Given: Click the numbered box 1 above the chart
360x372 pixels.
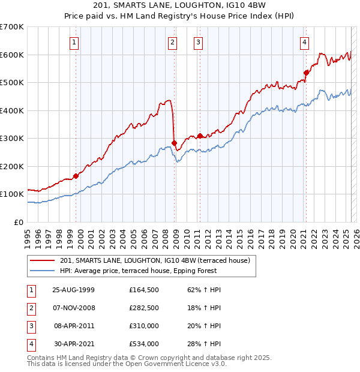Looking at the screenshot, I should [x=73, y=42].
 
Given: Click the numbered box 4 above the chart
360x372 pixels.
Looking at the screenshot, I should [x=305, y=42].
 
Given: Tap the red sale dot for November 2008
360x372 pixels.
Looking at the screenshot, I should [x=174, y=143].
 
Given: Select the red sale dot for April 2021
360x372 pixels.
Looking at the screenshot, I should [x=306, y=73].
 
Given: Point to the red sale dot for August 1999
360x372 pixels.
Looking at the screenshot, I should [x=76, y=176].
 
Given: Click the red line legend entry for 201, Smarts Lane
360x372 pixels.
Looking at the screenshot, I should [x=158, y=260].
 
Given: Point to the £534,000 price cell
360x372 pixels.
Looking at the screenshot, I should [x=143, y=344].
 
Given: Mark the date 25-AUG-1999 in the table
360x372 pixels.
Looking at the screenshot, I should [x=73, y=289].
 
